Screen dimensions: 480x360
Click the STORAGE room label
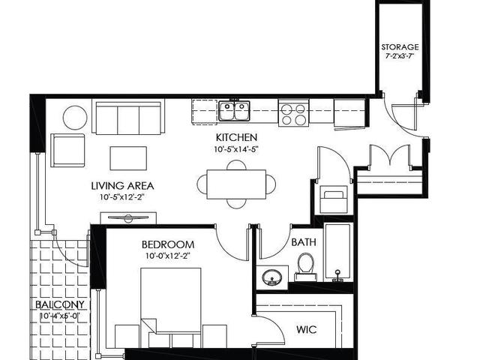[400, 47]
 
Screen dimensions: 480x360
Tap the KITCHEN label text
[236, 137]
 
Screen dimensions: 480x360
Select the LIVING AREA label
[122, 186]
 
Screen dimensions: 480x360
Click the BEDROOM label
[168, 244]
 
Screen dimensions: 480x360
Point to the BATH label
[304, 242]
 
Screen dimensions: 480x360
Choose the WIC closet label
[307, 330]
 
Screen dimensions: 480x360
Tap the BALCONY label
[60, 304]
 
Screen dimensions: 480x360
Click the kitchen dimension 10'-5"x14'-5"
[236, 149]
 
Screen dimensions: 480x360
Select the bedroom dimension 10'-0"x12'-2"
[168, 256]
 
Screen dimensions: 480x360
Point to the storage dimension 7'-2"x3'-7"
[400, 56]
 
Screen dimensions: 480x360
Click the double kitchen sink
[234, 110]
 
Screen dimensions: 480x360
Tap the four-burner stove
[293, 112]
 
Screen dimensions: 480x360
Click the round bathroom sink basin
[271, 277]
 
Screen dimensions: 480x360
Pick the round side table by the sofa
[75, 118]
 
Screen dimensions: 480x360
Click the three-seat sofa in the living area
[128, 117]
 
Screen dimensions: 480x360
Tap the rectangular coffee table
[128, 158]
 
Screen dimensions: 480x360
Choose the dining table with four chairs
[236, 184]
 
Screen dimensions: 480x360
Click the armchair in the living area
[67, 150]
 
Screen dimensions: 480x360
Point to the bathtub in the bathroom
[337, 253]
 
